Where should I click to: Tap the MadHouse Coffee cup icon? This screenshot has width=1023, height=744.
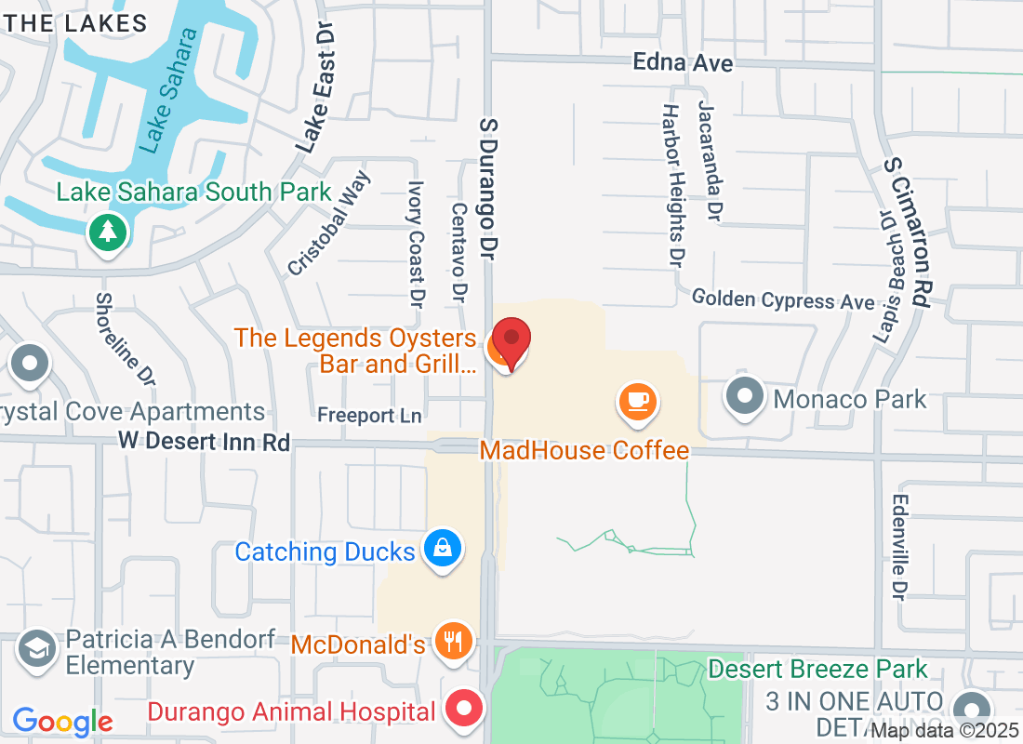click(638, 402)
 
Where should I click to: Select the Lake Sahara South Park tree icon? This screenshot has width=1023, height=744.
click(108, 231)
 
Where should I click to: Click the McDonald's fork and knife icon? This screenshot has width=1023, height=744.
click(453, 642)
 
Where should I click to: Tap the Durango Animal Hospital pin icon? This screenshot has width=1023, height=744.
click(465, 711)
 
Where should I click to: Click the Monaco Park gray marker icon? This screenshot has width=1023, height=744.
click(744, 398)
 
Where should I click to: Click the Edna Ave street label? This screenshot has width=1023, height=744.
click(683, 63)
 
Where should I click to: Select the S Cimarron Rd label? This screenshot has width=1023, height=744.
click(908, 232)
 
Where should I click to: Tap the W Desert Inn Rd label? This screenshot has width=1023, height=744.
click(204, 442)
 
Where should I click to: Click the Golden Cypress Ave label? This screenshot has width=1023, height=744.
click(783, 300)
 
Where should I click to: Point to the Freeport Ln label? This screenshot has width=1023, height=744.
click(369, 414)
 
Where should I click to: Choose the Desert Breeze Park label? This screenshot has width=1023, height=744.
click(817, 669)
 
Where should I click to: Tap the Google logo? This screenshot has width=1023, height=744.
click(63, 721)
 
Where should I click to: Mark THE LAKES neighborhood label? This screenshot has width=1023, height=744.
click(82, 24)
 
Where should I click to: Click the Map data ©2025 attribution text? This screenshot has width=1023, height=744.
click(945, 732)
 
